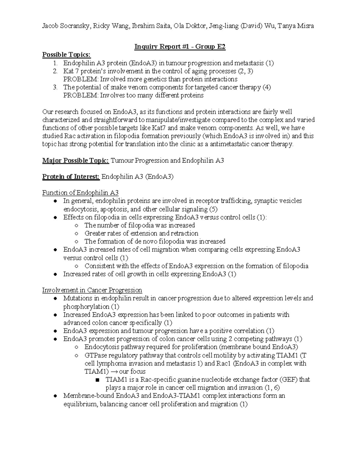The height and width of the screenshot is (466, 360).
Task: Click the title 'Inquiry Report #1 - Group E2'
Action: (180, 47)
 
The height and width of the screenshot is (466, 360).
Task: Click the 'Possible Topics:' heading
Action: (66, 55)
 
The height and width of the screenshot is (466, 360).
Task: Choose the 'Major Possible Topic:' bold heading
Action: (76, 161)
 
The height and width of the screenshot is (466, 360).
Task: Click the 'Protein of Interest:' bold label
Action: (71, 177)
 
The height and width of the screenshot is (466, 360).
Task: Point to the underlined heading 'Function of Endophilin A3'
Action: (80, 193)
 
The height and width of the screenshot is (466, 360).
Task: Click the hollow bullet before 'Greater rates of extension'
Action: (77, 233)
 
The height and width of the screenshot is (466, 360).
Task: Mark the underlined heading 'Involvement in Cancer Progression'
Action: (92, 290)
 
